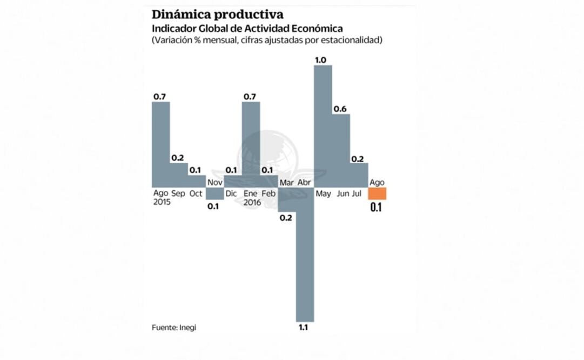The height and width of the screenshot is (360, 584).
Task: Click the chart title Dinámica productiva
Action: click(217, 14)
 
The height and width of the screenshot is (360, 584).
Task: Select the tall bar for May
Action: click(323, 124)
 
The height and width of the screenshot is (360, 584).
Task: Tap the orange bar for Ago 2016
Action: click(377, 194)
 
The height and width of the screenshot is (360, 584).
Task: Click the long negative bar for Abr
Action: click(305, 254)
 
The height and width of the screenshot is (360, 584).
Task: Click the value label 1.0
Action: click(320, 60)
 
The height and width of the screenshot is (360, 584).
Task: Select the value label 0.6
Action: click(340, 109)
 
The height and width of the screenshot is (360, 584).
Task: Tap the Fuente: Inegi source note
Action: click(173, 328)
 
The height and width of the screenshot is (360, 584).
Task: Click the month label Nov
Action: click(214, 183)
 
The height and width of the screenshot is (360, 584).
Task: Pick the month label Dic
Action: click(231, 193)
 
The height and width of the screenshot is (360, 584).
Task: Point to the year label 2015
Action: click(162, 202)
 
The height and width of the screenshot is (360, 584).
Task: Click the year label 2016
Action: click(252, 202)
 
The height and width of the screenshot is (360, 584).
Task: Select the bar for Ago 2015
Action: click(161, 143)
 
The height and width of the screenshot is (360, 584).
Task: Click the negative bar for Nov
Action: click(214, 193)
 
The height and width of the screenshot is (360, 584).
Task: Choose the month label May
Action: click(324, 193)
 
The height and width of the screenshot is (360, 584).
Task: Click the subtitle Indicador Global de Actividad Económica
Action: click(247, 28)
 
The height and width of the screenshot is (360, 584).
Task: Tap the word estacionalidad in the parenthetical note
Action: click(352, 41)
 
